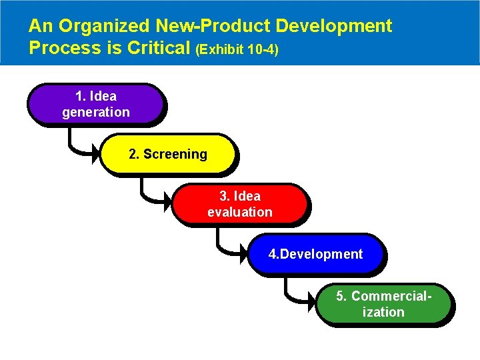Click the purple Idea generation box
[95, 105]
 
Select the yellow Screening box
[168, 155]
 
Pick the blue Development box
[315, 254]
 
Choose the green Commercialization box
[383, 304]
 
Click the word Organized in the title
[103, 27]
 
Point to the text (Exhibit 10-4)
[237, 50]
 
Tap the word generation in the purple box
[96, 112]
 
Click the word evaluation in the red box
[240, 212]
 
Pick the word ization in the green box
[383, 312]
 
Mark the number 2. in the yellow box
[134, 155]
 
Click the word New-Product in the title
[213, 27]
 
